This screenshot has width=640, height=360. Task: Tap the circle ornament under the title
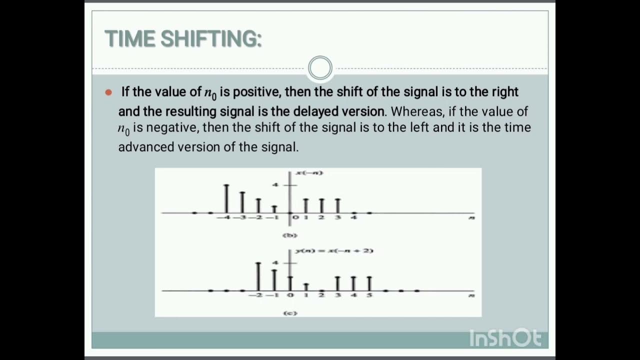[320, 68]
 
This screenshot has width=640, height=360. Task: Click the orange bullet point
[108, 92]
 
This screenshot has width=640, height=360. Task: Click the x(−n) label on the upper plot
[309, 173]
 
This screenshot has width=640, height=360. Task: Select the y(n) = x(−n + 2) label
[334, 250]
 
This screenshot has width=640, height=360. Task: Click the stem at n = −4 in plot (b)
[226, 199]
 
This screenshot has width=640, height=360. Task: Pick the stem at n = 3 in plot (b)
[338, 206]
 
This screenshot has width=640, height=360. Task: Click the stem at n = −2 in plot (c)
[258, 276]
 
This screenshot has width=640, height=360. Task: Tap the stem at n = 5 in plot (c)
[369, 283]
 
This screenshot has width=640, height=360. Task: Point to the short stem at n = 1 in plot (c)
[306, 287]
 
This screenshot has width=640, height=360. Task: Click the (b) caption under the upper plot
[290, 235]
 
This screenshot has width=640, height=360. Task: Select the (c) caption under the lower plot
[290, 313]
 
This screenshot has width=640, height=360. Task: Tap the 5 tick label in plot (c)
[369, 295]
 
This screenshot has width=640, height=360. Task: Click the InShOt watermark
[505, 338]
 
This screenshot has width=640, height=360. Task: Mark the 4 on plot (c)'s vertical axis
[275, 262]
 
